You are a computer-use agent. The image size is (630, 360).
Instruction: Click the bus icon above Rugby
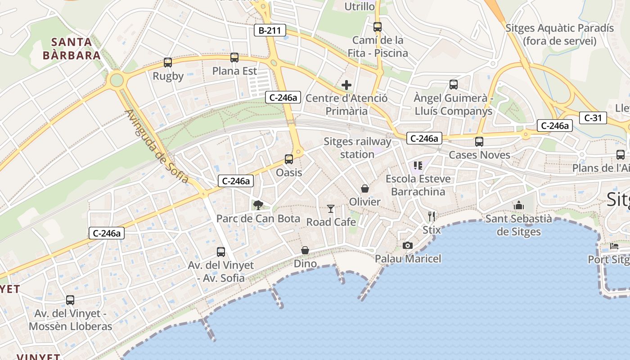pyautogui.click(x=168, y=63)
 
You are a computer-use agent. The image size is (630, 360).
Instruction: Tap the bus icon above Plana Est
pyautogui.click(x=234, y=58)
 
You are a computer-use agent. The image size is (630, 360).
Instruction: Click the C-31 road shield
pyautogui.click(x=593, y=118)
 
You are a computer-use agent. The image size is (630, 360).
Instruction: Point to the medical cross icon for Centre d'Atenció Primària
pyautogui.click(x=346, y=85)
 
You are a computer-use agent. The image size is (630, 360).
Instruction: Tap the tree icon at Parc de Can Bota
pyautogui.click(x=258, y=205)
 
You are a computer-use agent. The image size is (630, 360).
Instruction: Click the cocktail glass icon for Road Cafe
pyautogui.click(x=331, y=209)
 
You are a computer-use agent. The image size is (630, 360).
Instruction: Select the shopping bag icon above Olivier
pyautogui.click(x=364, y=188)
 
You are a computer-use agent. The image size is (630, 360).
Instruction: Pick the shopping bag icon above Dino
pyautogui.click(x=305, y=250)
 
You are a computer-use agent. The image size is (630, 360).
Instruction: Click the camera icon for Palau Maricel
pyautogui.click(x=408, y=245)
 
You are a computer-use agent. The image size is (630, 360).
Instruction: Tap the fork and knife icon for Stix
pyautogui.click(x=432, y=216)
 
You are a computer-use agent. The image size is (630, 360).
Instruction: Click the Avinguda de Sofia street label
pyautogui.click(x=157, y=146)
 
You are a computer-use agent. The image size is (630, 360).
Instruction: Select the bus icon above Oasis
pyautogui.click(x=289, y=159)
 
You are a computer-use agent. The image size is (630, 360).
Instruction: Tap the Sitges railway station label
pyautogui.click(x=357, y=148)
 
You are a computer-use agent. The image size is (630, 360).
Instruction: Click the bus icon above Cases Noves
pyautogui.click(x=479, y=142)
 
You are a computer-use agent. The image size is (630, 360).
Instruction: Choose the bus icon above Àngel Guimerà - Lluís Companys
pyautogui.click(x=454, y=85)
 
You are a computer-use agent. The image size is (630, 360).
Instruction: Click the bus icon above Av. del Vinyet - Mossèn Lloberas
pyautogui.click(x=70, y=300)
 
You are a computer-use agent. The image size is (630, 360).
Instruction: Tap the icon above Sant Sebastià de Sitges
pyautogui.click(x=519, y=206)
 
